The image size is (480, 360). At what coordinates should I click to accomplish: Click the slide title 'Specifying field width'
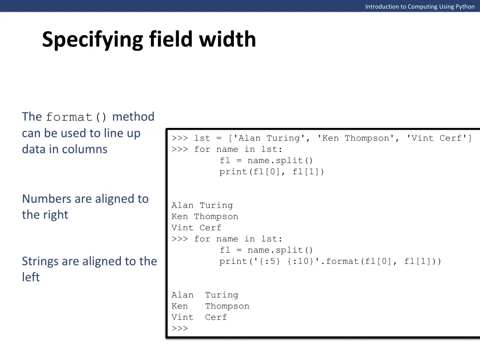pos(149,39)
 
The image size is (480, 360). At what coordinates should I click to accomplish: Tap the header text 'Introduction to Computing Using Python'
pos(420,7)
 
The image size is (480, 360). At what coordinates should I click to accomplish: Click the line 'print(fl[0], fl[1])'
pos(272,172)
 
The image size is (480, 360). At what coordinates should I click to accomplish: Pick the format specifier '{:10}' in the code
pos(302,262)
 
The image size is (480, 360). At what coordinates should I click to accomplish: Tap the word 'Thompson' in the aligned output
pos(227,306)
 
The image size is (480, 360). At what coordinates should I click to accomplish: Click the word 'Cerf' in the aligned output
pos(216,317)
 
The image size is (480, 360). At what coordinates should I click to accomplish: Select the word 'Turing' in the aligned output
pos(222,295)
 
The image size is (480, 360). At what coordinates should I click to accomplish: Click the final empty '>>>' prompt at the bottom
pos(180,329)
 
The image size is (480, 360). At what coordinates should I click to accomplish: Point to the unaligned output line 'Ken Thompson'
pos(205,217)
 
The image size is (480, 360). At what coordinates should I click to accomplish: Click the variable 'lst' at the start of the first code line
pos(202,138)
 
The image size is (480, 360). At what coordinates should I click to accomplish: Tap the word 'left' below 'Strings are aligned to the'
pos(31,277)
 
